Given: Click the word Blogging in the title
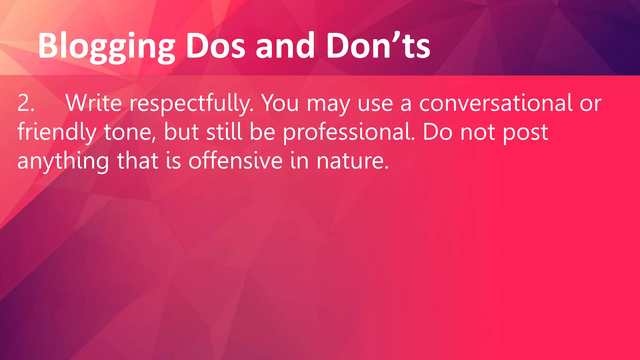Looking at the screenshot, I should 106,46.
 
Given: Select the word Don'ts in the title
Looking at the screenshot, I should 378,46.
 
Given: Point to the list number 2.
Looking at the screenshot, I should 26,103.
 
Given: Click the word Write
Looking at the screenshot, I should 93,103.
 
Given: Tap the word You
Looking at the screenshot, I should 280,103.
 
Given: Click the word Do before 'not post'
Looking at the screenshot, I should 437,132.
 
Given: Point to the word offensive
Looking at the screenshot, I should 236,161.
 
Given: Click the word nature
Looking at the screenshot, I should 352,161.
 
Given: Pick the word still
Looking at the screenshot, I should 224,132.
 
